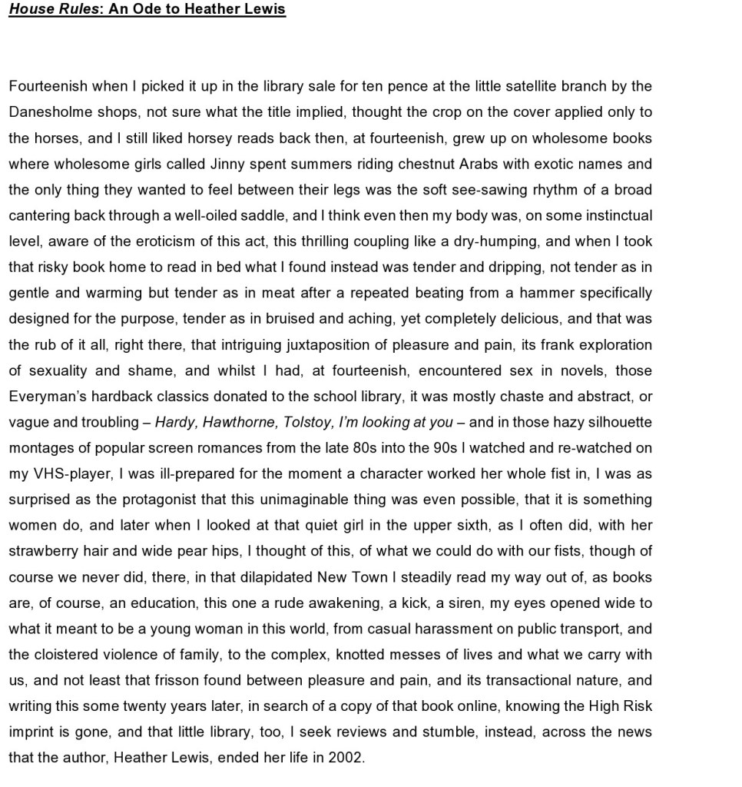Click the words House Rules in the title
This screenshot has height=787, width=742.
pyautogui.click(x=52, y=10)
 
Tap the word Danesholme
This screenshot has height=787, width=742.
pyautogui.click(x=50, y=112)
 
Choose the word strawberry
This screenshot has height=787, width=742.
pyautogui.click(x=42, y=551)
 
